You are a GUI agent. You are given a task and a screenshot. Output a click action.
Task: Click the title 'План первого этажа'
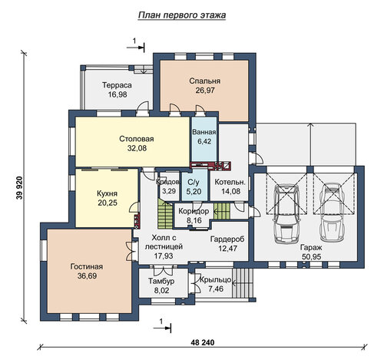click(x=182, y=15)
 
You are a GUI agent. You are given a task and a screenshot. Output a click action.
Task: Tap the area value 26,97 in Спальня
click(x=205, y=90)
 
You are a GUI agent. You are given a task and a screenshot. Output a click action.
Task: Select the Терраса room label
click(x=117, y=85)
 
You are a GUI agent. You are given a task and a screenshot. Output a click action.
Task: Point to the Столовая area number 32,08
click(x=137, y=148)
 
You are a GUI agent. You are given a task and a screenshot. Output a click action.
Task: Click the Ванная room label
click(x=204, y=132)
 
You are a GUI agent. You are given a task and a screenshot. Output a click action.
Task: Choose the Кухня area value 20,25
click(x=108, y=203)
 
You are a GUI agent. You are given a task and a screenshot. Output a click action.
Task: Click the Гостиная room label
click(x=87, y=266)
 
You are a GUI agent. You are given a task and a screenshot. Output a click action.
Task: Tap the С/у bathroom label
click(x=194, y=182)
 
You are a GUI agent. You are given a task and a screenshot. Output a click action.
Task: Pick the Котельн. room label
click(x=230, y=182)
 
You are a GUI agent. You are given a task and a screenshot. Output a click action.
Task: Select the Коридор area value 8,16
click(x=194, y=220)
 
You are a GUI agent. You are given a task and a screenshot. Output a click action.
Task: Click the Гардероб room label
click(x=227, y=239)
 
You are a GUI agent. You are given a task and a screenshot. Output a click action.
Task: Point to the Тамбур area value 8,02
click(x=161, y=290)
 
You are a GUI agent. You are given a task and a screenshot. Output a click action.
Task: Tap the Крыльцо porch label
click(x=216, y=280)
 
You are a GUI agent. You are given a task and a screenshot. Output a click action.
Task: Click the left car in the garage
click(x=286, y=213)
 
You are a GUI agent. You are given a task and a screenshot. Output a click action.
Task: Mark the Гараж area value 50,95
click(x=311, y=256)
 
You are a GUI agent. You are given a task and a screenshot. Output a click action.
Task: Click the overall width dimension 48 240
click(x=203, y=342)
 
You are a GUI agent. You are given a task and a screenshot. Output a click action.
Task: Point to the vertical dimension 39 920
click(x=20, y=188)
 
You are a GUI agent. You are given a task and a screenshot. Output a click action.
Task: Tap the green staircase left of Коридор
click(x=165, y=214)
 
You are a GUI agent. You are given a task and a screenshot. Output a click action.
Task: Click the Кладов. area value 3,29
click(x=169, y=191)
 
